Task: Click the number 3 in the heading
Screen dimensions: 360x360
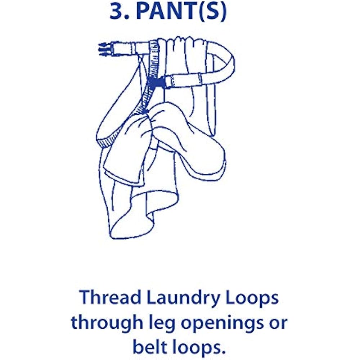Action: click(118, 11)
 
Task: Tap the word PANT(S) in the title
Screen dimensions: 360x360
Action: click(181, 12)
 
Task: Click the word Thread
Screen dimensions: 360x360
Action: click(110, 297)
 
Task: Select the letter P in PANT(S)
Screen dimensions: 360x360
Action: click(144, 11)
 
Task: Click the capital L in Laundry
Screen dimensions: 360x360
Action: click(151, 297)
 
